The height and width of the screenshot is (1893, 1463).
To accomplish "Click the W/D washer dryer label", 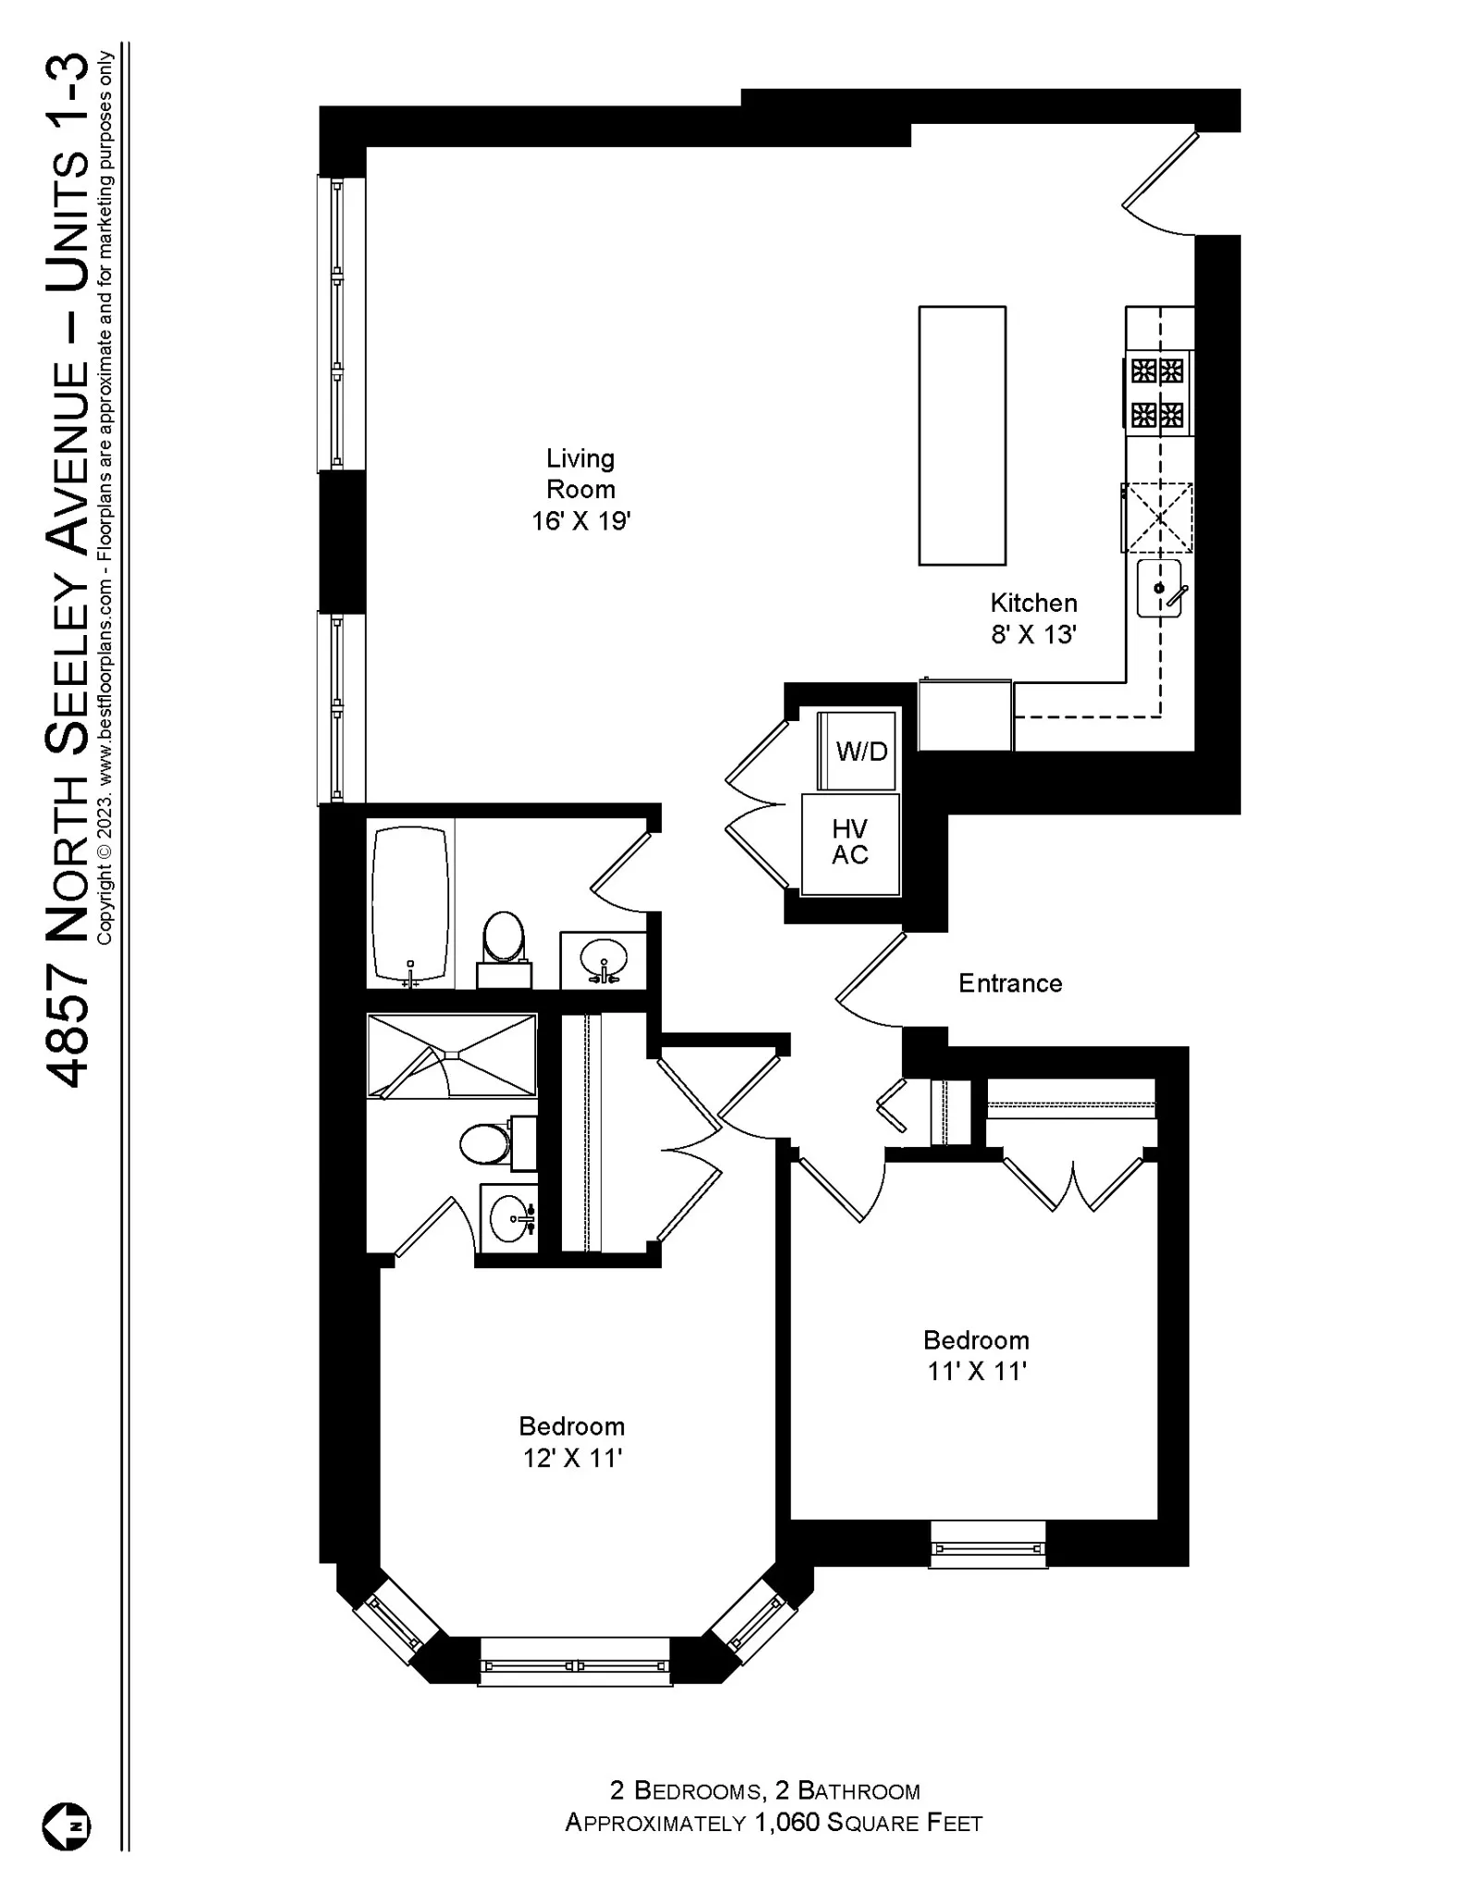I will click(x=860, y=751).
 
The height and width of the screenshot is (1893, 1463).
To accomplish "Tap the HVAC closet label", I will click(x=849, y=841).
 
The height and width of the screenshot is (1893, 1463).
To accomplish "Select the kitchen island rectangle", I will click(x=961, y=435).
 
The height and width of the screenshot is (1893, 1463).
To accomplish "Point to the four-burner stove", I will click(x=1158, y=393).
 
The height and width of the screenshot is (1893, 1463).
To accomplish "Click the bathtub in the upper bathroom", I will click(x=409, y=903).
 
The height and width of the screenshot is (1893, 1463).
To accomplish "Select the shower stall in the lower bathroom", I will click(x=451, y=1056).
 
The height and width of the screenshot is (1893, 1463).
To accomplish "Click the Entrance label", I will click(x=1009, y=983).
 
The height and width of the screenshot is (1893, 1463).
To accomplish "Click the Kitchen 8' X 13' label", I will click(x=1033, y=618).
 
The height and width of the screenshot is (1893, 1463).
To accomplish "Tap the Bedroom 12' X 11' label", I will click(x=571, y=1441).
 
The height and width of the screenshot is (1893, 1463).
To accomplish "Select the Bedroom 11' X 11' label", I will click(x=976, y=1355).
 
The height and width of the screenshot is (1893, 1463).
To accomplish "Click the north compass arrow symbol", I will click(x=67, y=1826).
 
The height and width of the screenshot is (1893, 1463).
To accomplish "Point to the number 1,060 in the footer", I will click(x=786, y=1822).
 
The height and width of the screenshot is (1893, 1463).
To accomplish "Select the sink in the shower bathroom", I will click(x=507, y=1219).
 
